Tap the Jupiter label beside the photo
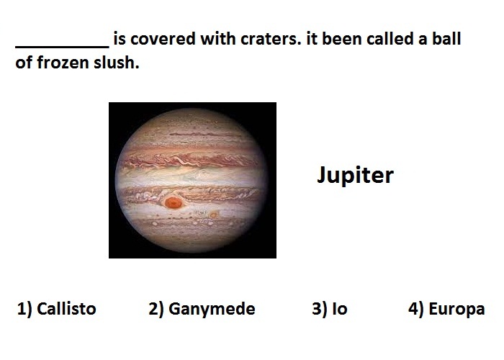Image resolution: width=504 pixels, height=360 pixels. coord(355,175)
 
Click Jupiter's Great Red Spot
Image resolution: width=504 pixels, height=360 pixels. coord(174,202)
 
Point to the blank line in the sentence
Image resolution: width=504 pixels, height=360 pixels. coord(63,47)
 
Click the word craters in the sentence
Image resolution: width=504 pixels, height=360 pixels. coord(270,39)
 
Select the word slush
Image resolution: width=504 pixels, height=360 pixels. coord(117,63)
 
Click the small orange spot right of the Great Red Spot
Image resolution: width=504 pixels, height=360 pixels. coord(213,215)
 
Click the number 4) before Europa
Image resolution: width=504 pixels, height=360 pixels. coord(417,309)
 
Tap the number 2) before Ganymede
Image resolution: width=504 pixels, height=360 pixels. coord(156,309)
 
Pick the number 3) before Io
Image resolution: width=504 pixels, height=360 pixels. coord(320,309)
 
